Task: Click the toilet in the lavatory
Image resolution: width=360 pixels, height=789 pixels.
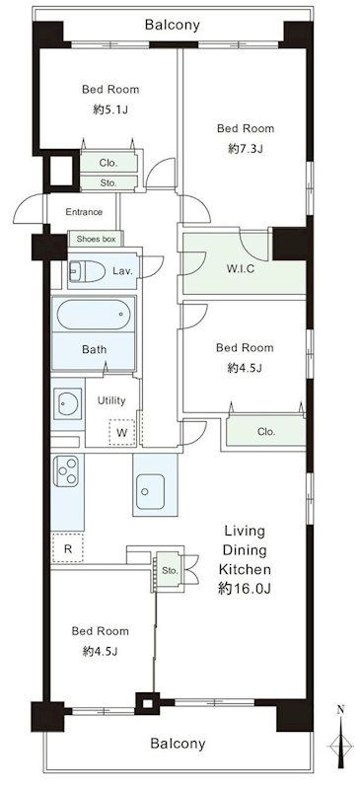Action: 87,272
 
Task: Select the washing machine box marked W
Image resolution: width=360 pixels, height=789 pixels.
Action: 122,432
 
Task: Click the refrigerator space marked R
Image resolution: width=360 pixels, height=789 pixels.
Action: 67,548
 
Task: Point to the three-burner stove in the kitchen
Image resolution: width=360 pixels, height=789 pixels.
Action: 66,471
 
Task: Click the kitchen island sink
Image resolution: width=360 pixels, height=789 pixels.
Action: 150,491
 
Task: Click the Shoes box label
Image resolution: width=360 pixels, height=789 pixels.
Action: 96,239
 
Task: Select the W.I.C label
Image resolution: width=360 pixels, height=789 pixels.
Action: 241,268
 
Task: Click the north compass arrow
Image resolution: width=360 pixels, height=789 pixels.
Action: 341,741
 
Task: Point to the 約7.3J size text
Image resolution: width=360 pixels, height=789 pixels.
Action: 246,149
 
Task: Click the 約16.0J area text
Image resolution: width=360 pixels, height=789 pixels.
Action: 245,589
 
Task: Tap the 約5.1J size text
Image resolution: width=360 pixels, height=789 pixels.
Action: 110,109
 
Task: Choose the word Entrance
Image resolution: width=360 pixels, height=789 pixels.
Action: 84,212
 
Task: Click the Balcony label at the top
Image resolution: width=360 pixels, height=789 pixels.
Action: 173,24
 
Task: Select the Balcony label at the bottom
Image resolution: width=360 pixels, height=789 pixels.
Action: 179,744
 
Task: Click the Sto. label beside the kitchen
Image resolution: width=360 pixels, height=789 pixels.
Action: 171,571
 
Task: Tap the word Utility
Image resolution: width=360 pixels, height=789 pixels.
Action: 111,400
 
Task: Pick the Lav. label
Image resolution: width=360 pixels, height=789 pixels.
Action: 122,271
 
